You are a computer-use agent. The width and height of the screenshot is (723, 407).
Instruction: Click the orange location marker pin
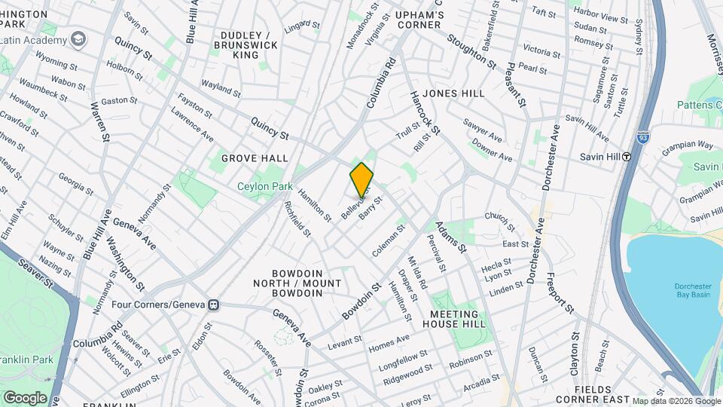point(362,179)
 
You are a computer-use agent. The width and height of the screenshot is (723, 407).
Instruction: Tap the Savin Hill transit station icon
point(626,157)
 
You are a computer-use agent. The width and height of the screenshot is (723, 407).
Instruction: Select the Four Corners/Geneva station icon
point(214,305)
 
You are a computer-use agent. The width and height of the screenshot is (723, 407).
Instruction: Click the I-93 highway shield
point(642,138)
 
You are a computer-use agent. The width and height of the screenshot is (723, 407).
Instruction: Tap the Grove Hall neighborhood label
point(255,158)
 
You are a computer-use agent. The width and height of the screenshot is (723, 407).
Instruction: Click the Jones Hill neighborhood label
point(453,93)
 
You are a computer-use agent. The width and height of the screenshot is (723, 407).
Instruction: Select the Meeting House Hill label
point(454,320)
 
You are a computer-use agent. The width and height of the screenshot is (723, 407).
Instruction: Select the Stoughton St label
point(472,50)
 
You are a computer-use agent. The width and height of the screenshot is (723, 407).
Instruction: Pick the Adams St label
point(452,237)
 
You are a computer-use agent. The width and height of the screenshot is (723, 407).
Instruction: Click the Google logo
point(25,397)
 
